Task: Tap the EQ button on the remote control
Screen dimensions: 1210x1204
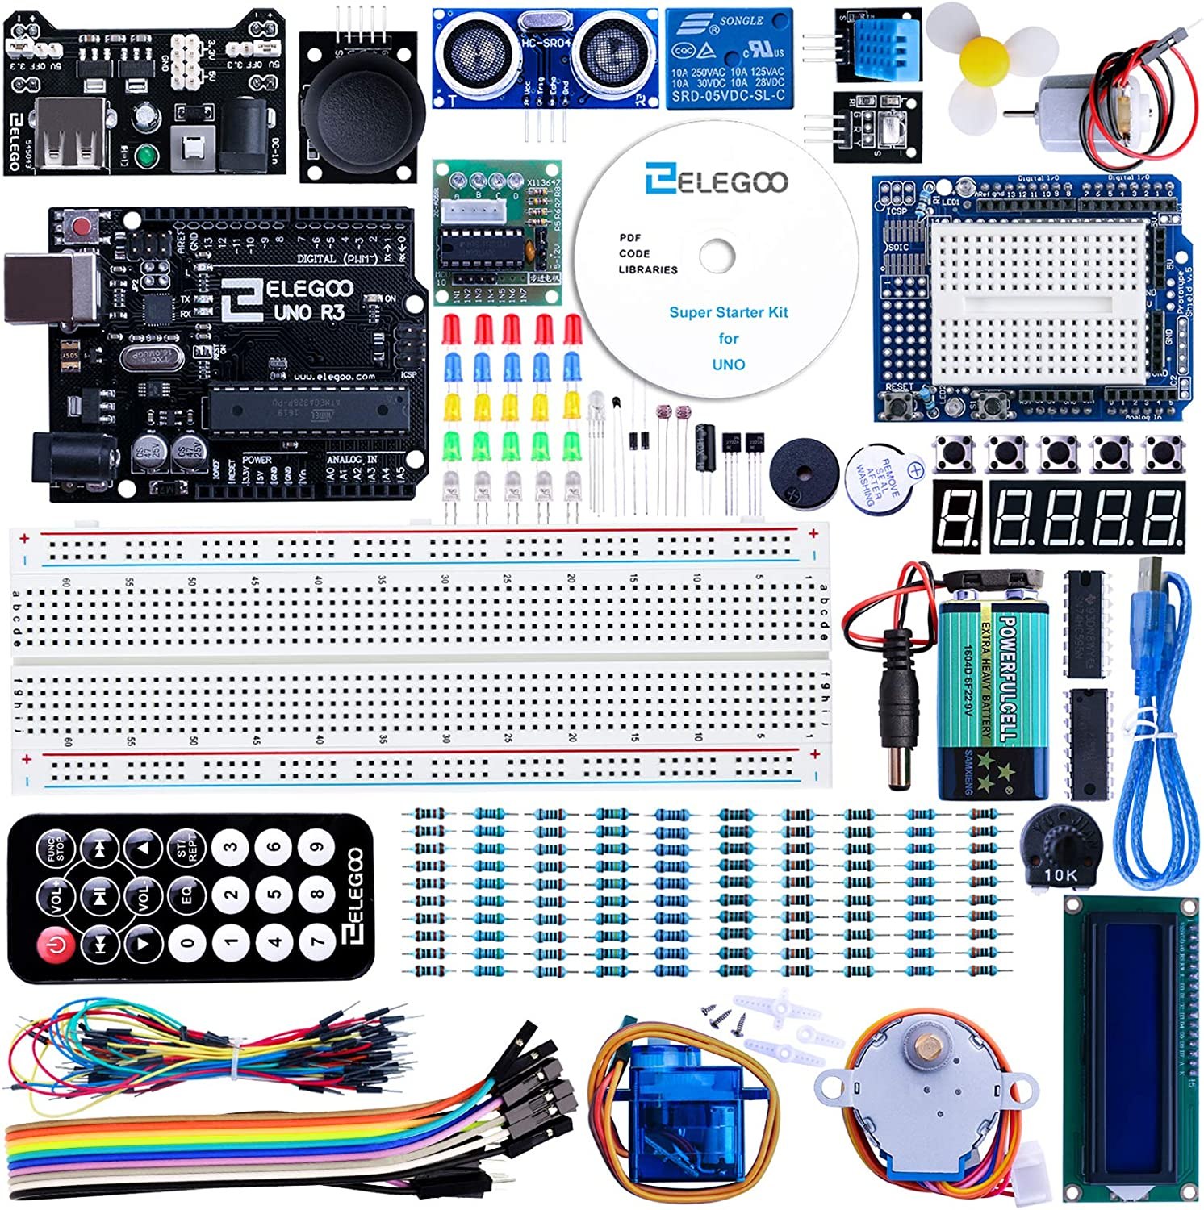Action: (186, 895)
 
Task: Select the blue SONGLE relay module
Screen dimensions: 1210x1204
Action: (729, 58)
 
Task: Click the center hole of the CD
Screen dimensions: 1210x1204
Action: (717, 257)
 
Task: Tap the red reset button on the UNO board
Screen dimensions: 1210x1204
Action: (81, 225)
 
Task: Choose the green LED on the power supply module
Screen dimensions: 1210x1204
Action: (147, 155)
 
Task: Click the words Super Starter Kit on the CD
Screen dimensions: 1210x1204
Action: (728, 312)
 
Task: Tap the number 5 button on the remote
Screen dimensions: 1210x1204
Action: (274, 894)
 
